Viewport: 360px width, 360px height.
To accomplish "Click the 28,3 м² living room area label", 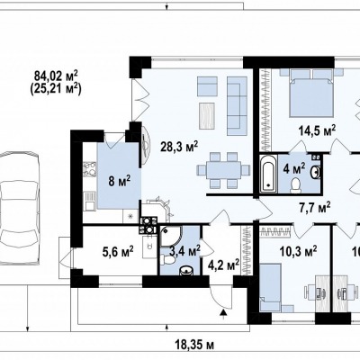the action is [179, 147].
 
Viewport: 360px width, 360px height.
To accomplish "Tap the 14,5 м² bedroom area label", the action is [317, 130].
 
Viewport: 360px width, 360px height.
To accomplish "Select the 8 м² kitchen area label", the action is [120, 181].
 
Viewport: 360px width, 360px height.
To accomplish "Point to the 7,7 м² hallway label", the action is [315, 207].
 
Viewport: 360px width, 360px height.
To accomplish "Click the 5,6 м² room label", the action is [118, 252].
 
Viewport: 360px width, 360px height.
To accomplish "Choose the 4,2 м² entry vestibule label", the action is [223, 265].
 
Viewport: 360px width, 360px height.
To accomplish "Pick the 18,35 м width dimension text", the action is [193, 345].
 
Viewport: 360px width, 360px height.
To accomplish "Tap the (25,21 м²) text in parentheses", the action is [56, 89].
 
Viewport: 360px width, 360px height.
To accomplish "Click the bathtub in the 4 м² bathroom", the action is [268, 174].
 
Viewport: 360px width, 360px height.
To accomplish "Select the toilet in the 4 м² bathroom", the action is [296, 184].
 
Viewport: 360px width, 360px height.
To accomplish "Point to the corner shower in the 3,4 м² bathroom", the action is [170, 236].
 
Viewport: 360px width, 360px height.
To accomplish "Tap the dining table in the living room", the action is [223, 170].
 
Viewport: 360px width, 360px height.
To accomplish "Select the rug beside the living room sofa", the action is [207, 116].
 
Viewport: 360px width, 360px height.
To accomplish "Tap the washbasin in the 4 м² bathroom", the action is [316, 172].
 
